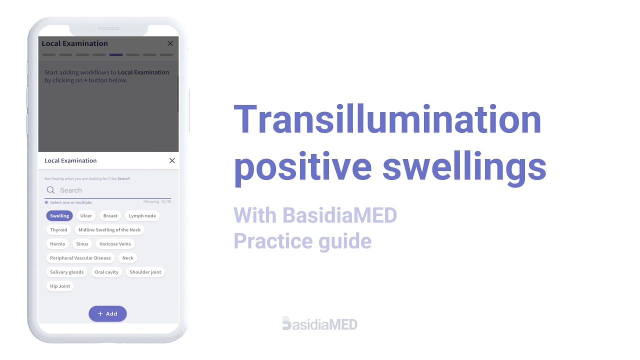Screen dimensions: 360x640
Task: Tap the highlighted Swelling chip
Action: click(x=59, y=216)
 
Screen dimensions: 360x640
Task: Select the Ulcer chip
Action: click(x=86, y=216)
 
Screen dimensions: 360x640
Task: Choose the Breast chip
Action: click(x=110, y=216)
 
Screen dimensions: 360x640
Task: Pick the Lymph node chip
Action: click(x=142, y=216)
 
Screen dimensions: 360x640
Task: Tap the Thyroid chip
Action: click(x=58, y=230)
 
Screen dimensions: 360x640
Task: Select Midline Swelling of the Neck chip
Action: click(x=109, y=230)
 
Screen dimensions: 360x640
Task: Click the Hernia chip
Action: click(x=57, y=244)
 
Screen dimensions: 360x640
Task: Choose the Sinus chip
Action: click(x=82, y=244)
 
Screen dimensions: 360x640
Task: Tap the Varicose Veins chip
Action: click(x=115, y=244)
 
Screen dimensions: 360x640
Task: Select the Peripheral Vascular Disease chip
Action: click(x=80, y=258)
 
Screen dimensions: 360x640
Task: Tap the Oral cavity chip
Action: click(x=106, y=272)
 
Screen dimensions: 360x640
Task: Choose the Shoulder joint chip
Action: click(x=145, y=272)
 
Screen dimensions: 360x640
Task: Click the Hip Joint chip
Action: click(x=60, y=286)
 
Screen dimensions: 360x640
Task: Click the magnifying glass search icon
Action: click(x=50, y=190)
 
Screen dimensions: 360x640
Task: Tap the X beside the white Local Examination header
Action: click(x=172, y=160)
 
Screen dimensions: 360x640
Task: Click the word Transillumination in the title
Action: click(x=387, y=120)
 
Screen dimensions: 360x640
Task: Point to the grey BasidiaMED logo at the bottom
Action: click(x=320, y=324)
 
